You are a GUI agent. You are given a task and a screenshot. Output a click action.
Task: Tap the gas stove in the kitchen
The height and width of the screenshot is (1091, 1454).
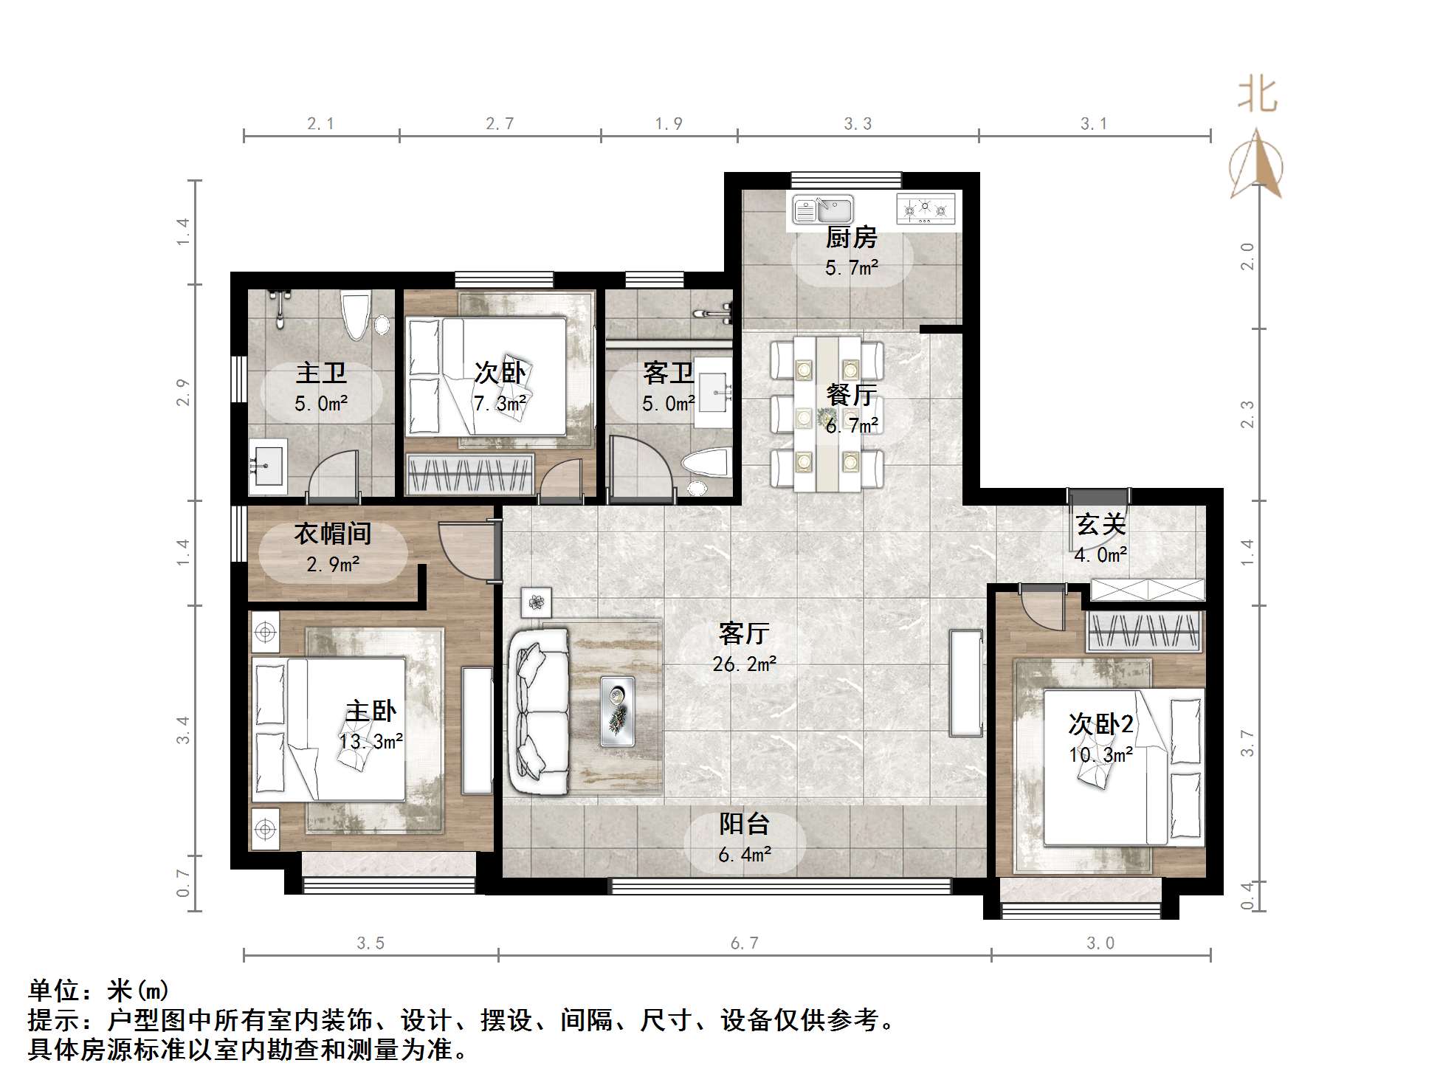(926, 208)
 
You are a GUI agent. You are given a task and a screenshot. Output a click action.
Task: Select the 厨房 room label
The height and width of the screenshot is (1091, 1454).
(851, 238)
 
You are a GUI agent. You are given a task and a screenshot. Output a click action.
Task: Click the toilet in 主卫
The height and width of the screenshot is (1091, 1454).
(356, 315)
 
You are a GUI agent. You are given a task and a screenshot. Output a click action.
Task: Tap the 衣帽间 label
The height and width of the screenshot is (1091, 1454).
(332, 533)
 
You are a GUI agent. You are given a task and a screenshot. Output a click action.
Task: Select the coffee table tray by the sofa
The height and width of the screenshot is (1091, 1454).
(617, 710)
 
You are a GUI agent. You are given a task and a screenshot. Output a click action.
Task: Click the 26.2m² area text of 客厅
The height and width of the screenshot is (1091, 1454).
(744, 664)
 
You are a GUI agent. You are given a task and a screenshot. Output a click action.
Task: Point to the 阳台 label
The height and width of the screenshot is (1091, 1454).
(744, 824)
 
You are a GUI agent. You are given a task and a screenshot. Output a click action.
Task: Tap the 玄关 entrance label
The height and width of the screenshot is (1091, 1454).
(1100, 525)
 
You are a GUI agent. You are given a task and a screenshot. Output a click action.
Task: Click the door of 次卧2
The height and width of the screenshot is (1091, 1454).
(1041, 607)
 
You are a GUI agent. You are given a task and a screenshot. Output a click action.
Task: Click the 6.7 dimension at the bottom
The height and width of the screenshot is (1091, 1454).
(744, 943)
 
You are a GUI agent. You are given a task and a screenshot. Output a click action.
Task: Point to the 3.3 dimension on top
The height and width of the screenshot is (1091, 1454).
(858, 124)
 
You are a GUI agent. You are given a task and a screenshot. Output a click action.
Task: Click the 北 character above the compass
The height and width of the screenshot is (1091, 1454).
(1257, 96)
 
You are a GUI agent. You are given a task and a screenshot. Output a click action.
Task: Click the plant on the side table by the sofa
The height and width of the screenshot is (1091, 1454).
(536, 602)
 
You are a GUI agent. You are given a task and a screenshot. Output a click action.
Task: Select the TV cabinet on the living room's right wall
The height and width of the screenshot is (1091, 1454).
(965, 683)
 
